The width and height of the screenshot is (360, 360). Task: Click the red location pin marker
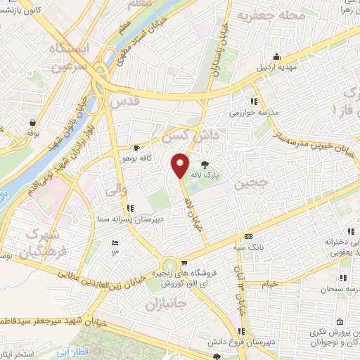click(181, 165)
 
